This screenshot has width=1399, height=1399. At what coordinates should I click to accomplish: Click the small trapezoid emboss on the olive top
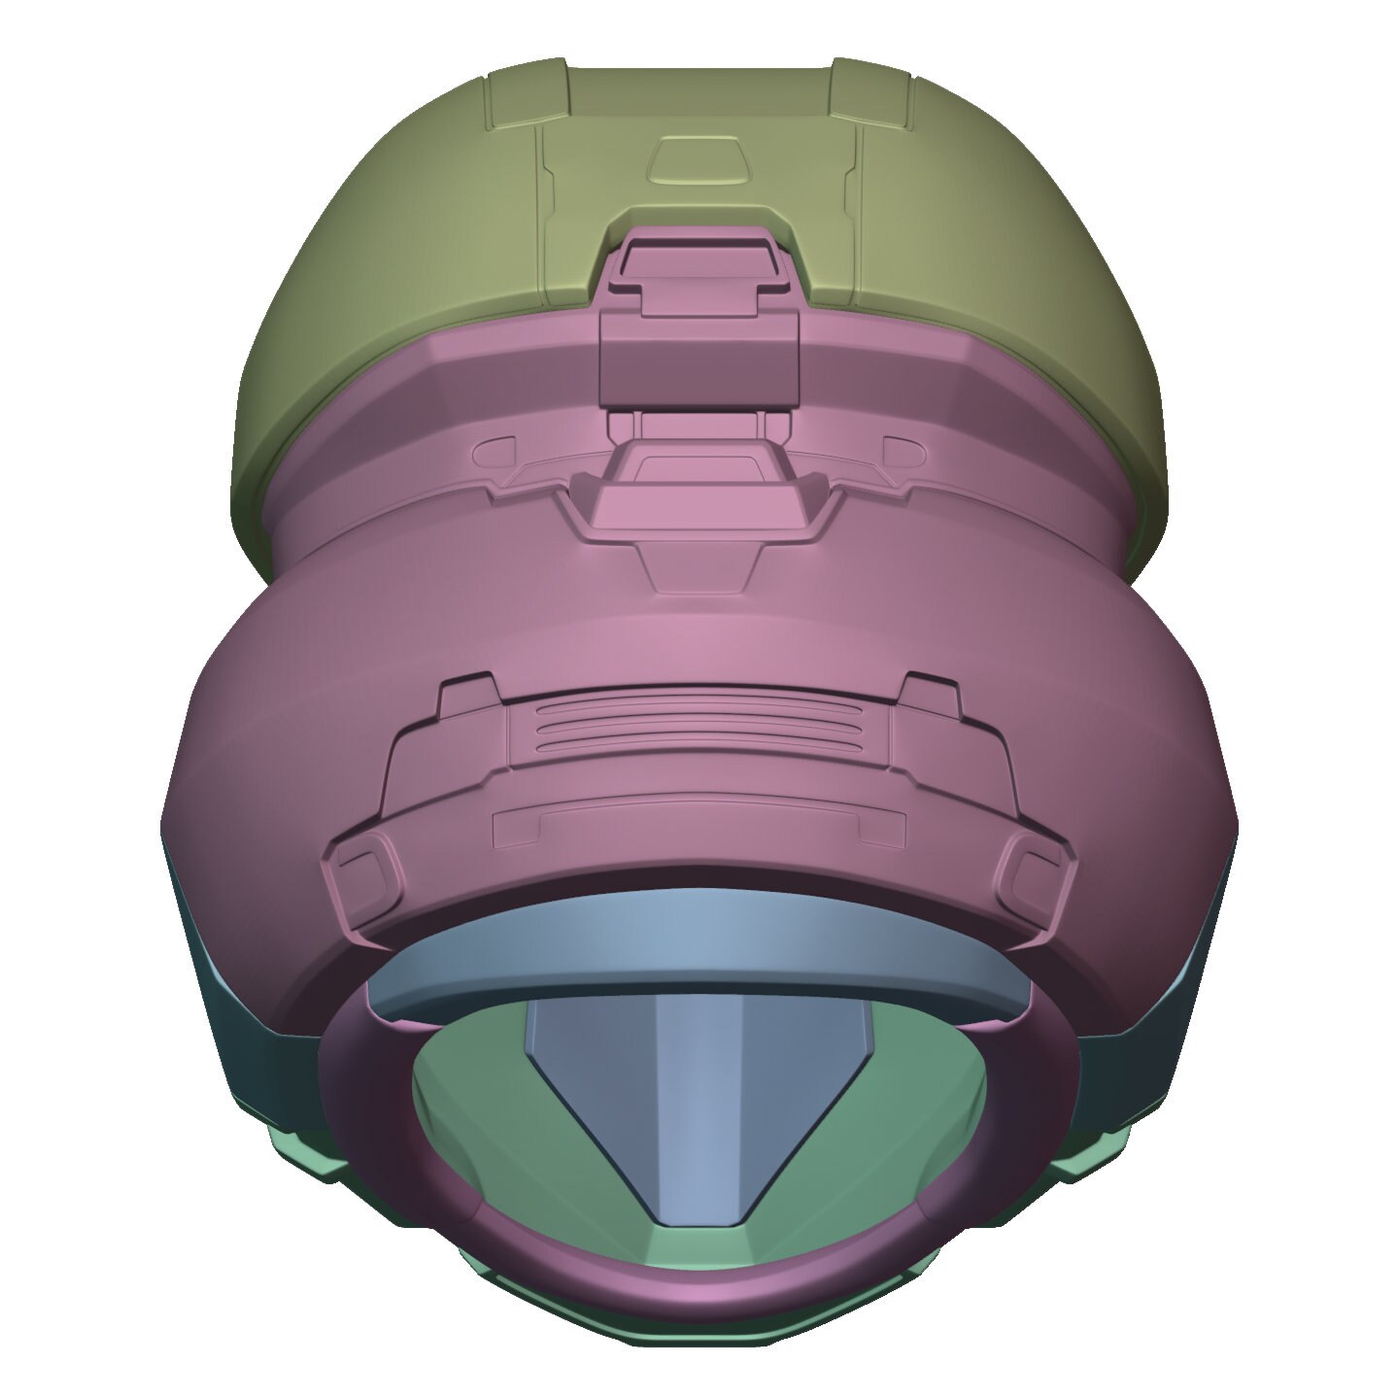(699, 161)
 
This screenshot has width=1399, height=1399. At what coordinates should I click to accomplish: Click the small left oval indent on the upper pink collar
(498, 450)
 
